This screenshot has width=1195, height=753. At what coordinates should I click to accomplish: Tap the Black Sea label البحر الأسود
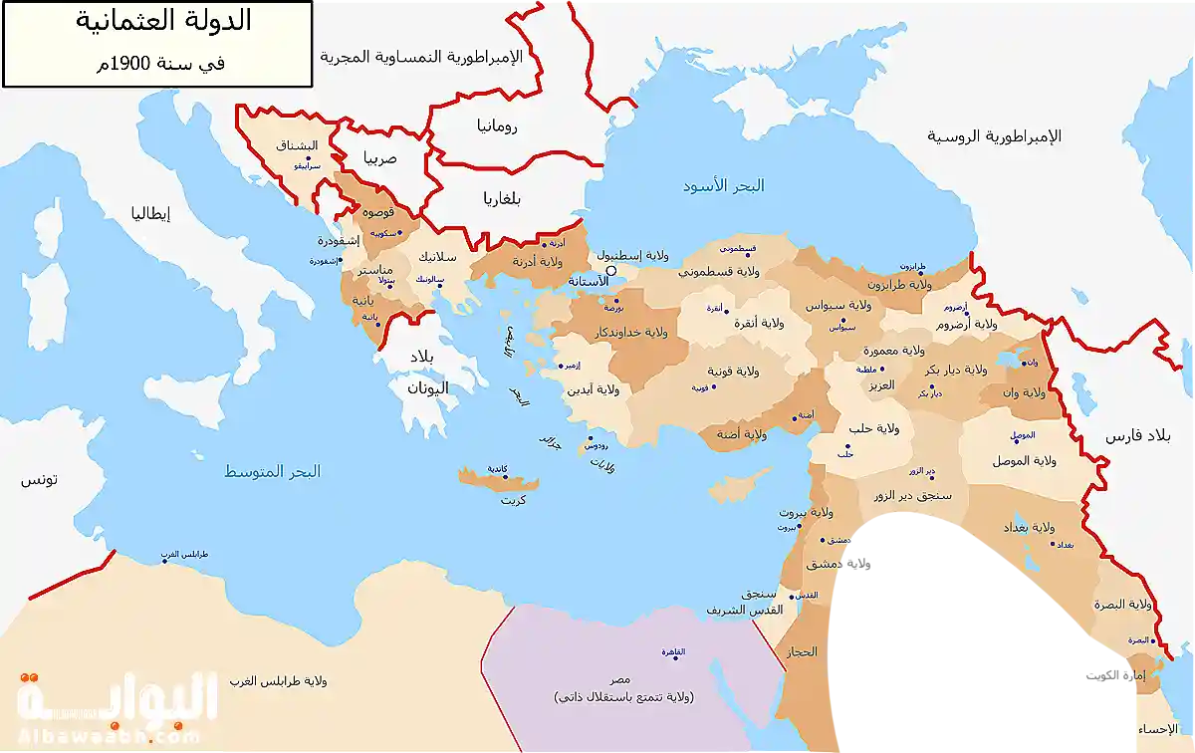723,186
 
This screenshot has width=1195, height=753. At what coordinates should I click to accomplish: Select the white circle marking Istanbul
612,270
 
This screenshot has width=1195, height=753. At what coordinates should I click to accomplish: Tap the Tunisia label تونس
40,479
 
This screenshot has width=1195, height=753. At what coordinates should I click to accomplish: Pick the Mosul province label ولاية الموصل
1024,460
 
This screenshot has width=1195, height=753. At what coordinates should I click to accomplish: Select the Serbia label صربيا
379,158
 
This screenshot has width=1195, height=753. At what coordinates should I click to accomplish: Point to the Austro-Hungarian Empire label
434,58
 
